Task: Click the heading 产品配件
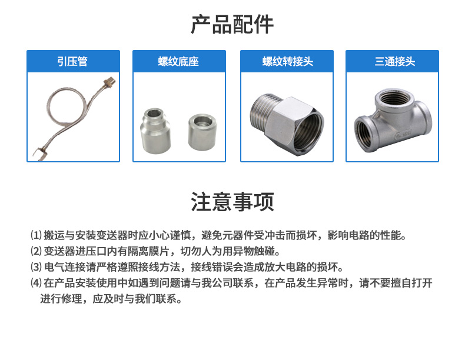(232, 24)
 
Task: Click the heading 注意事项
(232, 202)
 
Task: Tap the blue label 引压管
(72, 61)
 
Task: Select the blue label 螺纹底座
(178, 61)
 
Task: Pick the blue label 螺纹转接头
(288, 61)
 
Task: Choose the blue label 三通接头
(395, 61)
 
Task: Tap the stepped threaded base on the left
(155, 131)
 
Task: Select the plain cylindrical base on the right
(202, 132)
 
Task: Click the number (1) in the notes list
(36, 235)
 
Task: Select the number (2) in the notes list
(36, 251)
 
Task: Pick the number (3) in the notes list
(36, 267)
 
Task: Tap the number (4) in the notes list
(36, 283)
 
